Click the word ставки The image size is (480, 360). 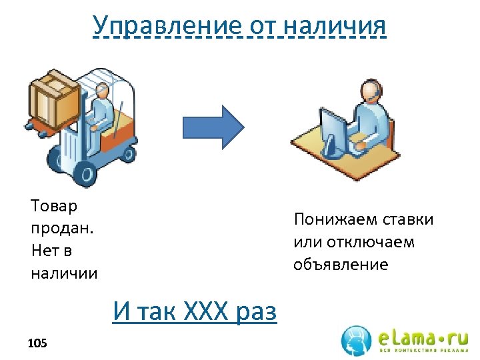pos(408,219)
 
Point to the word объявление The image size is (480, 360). pos(340,265)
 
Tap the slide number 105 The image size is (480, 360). pos(37,343)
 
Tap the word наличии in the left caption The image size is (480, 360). pos(64,273)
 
